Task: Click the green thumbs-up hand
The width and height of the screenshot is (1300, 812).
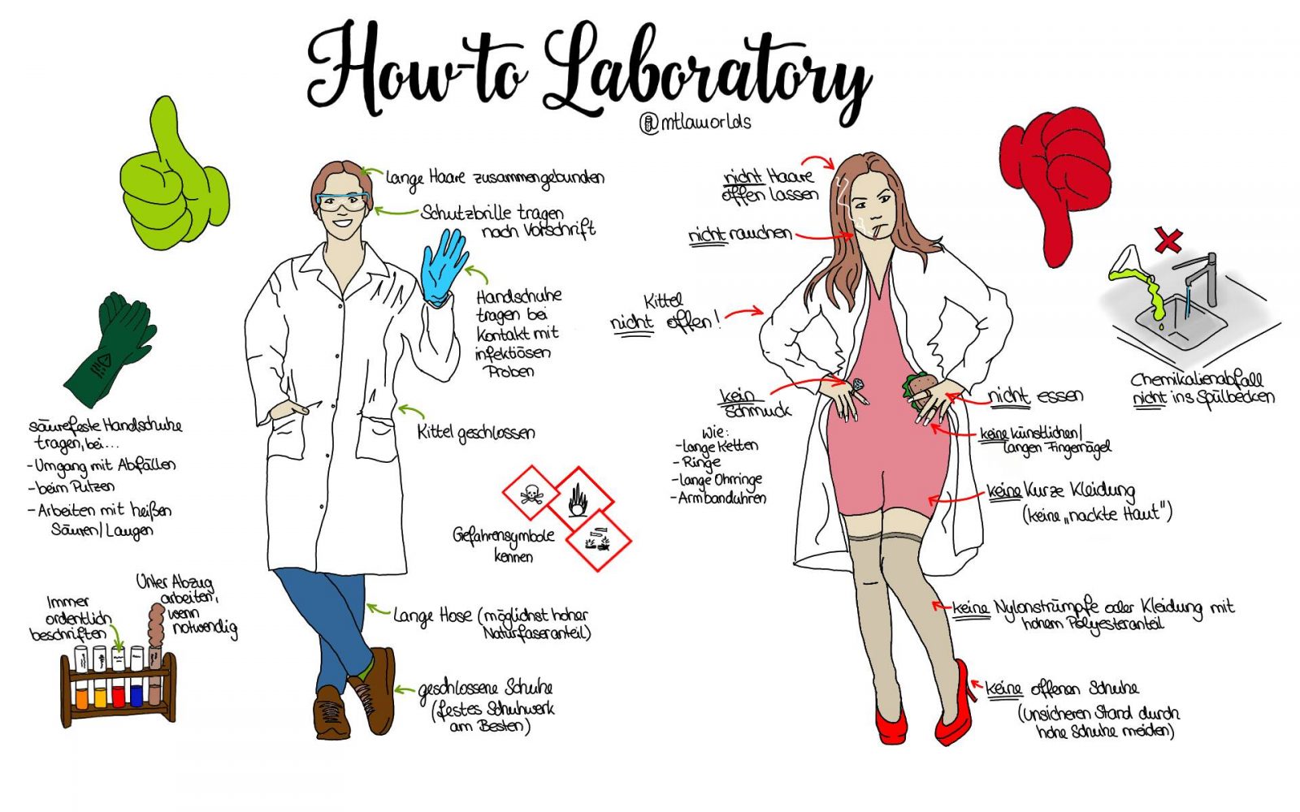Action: click(174, 179)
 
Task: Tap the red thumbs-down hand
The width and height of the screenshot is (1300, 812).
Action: click(1056, 179)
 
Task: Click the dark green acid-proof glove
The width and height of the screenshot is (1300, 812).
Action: click(110, 348)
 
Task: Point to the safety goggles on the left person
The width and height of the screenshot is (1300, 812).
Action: click(342, 201)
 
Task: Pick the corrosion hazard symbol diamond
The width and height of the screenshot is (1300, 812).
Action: click(599, 541)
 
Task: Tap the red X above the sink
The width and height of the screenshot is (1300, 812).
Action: click(1168, 240)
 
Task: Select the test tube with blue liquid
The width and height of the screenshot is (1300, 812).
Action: click(137, 676)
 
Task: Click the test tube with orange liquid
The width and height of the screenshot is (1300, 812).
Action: click(81, 676)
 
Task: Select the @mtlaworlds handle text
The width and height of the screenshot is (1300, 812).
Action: click(695, 123)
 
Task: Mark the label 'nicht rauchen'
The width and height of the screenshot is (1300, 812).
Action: click(740, 235)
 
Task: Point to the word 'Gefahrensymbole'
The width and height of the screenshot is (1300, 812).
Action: click(504, 537)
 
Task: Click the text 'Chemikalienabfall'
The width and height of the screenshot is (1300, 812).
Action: click(1197, 380)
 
